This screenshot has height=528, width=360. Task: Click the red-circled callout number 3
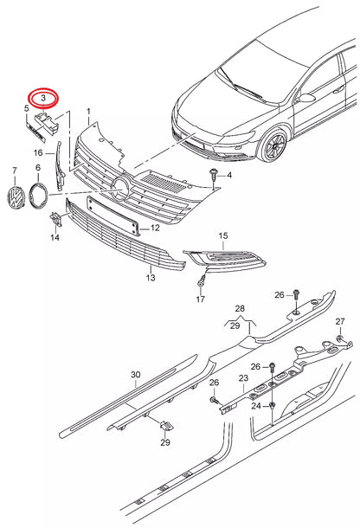pos(43,99)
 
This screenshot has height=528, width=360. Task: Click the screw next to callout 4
pos(213,176)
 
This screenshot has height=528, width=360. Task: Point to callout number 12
pos(155,228)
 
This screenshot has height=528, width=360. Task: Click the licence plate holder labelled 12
pos(113,216)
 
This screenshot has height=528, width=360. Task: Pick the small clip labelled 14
pos(56,219)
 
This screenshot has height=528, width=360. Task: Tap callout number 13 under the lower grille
pos(151,278)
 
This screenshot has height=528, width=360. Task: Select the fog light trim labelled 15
pos(224,260)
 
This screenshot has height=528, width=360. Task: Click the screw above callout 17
pos(202,280)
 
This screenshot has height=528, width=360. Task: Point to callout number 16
pos(38,153)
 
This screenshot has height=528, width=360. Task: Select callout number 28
pos(240,308)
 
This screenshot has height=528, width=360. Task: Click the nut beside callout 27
pos(340,338)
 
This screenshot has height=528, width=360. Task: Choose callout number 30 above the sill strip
pos(136,375)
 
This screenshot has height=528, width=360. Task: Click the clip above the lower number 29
pos(166,425)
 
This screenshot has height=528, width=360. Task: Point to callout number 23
pos(243,378)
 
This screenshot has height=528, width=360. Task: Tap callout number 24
pos(256,406)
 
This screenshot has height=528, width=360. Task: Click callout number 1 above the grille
pos(89,111)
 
